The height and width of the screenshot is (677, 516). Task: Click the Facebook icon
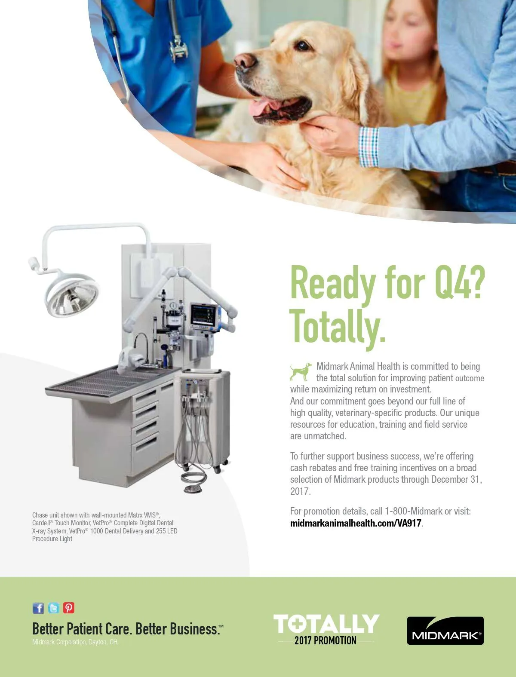[38, 608]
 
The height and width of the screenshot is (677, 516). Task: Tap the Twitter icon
[54, 608]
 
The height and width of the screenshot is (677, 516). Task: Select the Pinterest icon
[69, 608]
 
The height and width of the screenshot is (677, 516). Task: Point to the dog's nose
[245, 61]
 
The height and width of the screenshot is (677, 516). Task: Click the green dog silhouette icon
[301, 372]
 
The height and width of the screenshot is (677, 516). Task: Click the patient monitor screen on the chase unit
[203, 316]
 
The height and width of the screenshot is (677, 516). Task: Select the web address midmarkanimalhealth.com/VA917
[356, 523]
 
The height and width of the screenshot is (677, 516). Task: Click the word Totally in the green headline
[338, 326]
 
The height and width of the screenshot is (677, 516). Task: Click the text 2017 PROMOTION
[326, 641]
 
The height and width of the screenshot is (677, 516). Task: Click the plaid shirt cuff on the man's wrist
[369, 147]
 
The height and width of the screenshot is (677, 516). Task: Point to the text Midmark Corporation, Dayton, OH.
[75, 642]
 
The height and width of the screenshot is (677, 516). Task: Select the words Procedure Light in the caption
[52, 539]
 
